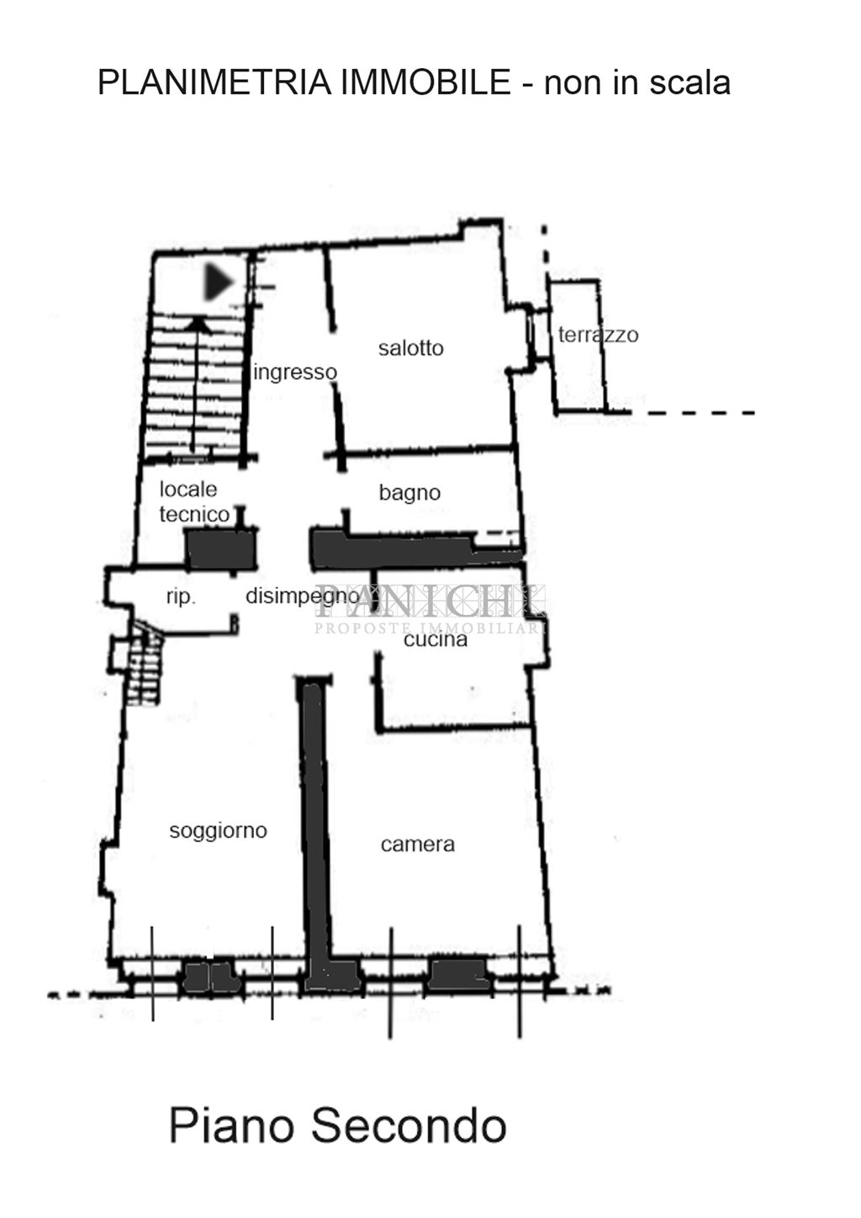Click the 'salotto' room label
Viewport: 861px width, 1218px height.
[x=411, y=348]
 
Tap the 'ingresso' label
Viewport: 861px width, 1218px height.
[x=295, y=373]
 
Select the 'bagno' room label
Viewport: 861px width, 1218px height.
[x=409, y=493]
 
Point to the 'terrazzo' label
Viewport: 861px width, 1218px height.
[x=598, y=335]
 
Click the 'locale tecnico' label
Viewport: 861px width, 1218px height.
[x=194, y=502]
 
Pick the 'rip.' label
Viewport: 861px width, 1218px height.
[x=181, y=597]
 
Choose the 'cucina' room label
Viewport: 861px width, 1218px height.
[x=436, y=639]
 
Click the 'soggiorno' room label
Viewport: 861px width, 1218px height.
[x=218, y=831]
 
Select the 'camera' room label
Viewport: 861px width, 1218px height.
[x=417, y=845]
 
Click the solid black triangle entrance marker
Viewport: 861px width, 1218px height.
[x=219, y=282]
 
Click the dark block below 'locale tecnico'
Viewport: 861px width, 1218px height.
[x=220, y=549]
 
